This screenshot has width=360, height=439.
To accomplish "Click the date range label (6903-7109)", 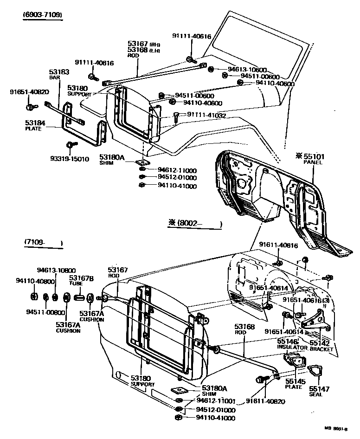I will [42, 15].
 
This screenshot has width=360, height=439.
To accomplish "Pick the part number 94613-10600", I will [238, 69].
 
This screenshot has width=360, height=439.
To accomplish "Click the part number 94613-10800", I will [56, 270].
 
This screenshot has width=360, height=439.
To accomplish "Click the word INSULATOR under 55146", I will [292, 347].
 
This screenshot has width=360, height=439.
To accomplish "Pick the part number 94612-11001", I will [216, 400].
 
